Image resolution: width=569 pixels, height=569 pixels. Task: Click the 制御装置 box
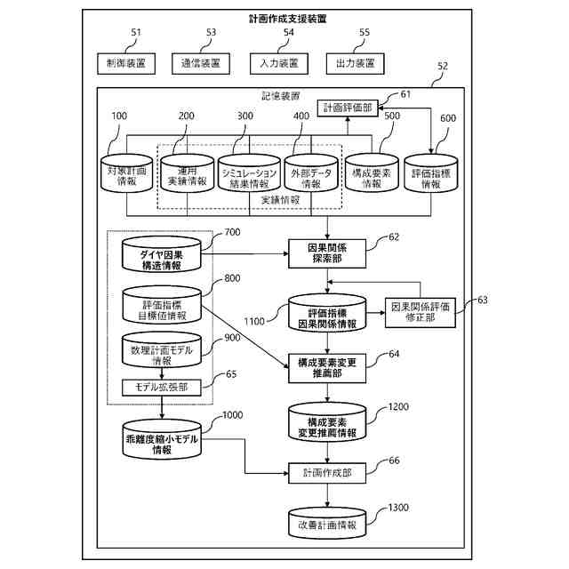(x=126, y=63)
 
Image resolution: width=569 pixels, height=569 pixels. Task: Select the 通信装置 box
(x=201, y=63)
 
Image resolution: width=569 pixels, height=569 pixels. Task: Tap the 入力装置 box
(x=279, y=63)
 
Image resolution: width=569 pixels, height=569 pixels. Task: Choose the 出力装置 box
(x=356, y=63)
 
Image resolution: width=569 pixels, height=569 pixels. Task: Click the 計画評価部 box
(x=348, y=108)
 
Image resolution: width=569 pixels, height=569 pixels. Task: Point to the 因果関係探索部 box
(x=327, y=253)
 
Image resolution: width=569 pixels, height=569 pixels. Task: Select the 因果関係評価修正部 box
(x=421, y=313)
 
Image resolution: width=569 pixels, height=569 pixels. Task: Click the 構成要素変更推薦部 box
(x=327, y=368)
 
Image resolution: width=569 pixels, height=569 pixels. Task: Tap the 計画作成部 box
(x=327, y=473)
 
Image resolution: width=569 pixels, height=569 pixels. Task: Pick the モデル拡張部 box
(x=162, y=388)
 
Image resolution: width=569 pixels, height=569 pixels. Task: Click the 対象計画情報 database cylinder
(x=126, y=173)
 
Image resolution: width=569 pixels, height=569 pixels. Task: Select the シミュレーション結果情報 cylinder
(x=249, y=173)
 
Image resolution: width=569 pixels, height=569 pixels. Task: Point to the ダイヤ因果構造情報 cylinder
(x=162, y=254)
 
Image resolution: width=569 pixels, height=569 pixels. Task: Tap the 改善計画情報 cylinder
(x=327, y=523)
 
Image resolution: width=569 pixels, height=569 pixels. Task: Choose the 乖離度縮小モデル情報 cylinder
(x=162, y=440)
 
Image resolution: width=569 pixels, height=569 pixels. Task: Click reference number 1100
(x=254, y=322)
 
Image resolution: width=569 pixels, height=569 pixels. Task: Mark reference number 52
(x=443, y=66)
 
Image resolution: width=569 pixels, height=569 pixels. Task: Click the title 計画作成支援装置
(x=287, y=19)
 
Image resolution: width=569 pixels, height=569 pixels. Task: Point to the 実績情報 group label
(x=280, y=200)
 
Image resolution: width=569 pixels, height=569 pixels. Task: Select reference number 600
(x=448, y=118)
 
